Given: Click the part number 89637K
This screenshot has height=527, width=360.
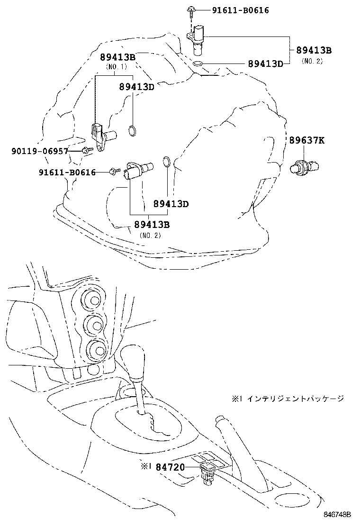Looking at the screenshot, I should [307, 140].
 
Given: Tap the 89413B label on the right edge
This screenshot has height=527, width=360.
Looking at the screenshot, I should [314, 50].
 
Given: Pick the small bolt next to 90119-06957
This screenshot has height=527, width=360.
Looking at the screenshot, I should [86, 151].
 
